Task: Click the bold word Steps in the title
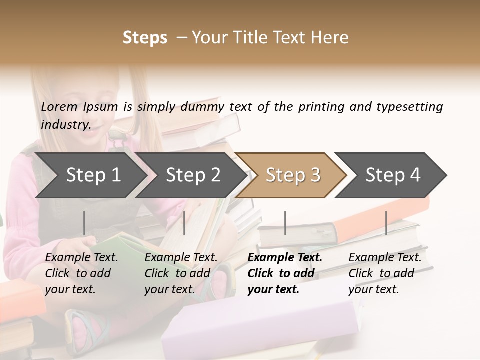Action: (145, 38)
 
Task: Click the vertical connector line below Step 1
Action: (84, 223)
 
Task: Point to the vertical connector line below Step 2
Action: (184, 223)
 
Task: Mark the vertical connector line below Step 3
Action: (285, 223)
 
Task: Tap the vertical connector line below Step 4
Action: (386, 223)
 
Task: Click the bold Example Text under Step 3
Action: (285, 258)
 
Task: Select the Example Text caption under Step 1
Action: (81, 258)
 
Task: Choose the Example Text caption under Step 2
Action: (181, 258)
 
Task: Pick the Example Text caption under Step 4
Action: (385, 258)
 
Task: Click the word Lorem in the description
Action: (59, 107)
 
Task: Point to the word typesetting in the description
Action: (409, 107)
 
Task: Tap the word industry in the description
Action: (65, 125)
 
